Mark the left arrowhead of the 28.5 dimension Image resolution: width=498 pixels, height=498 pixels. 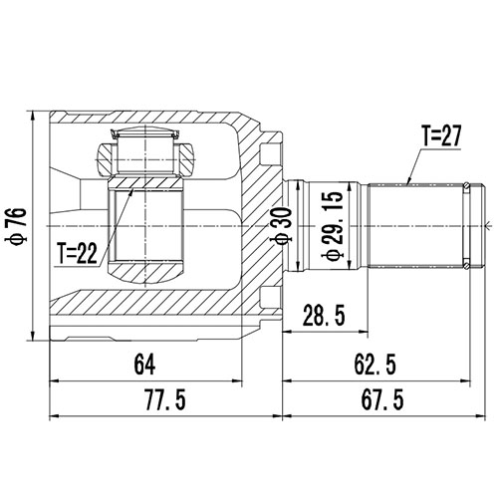click(x=286, y=330)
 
